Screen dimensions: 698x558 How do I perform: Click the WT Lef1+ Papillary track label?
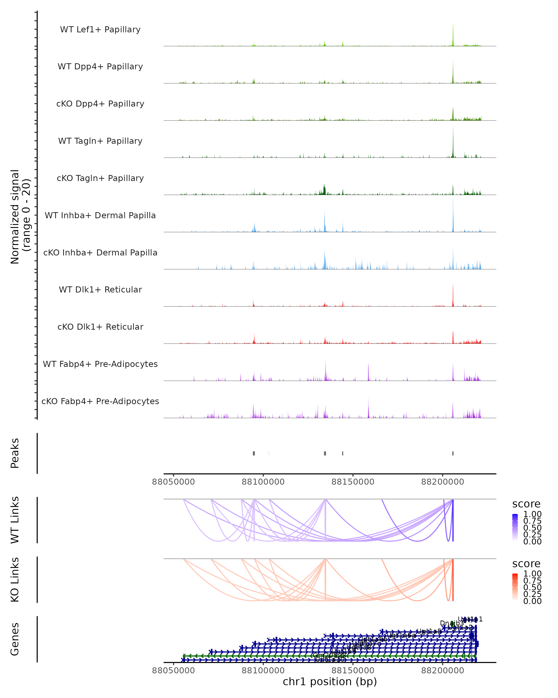[x=100, y=30]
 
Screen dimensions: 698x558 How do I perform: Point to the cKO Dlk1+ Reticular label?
[x=100, y=327]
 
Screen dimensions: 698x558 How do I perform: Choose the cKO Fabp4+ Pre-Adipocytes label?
[x=100, y=401]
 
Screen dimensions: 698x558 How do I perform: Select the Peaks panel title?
[x=15, y=453]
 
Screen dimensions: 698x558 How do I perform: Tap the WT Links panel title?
[x=15, y=520]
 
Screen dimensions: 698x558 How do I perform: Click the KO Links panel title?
[x=15, y=580]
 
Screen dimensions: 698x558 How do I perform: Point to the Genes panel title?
[x=15, y=639]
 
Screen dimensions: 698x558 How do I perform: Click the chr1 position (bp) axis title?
[x=330, y=681]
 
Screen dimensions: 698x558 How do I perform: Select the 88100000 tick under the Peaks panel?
[x=263, y=482]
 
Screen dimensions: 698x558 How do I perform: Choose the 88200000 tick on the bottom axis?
[x=442, y=671]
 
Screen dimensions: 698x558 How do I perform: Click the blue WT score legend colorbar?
[x=515, y=527]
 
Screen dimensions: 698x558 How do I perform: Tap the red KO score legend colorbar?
[x=515, y=587]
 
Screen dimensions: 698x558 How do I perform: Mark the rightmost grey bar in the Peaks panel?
[x=453, y=453]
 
